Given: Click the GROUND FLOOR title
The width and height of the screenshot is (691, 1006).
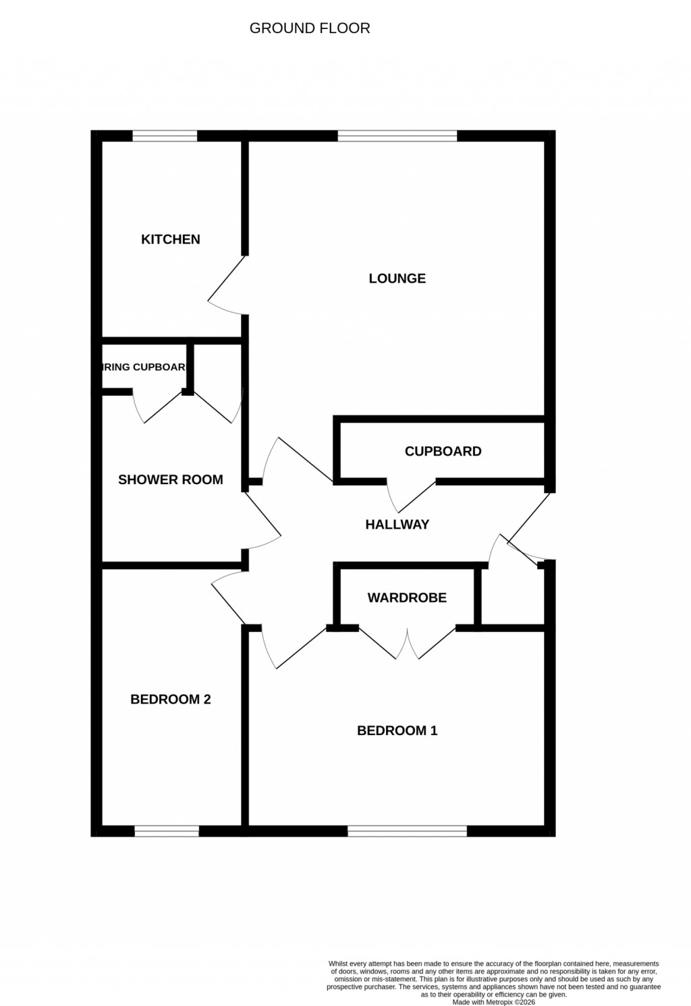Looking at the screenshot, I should tap(310, 28).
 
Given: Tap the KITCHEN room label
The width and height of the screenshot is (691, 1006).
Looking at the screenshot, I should tap(171, 239).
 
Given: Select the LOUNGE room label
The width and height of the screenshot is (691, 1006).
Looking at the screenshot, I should tap(397, 278).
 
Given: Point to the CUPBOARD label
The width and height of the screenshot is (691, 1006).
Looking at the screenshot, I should tap(443, 452).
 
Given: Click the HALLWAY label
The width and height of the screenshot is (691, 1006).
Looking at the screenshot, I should tap(397, 525).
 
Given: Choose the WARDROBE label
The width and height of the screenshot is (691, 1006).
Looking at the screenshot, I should tap(407, 597).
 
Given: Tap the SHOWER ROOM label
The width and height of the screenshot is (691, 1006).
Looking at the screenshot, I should tap(170, 480).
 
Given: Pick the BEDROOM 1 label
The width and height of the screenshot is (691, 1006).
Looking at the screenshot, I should tap(397, 730).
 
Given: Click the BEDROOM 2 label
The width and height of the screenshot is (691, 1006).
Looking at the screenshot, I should tap(170, 699).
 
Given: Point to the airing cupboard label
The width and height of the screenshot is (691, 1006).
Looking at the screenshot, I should tap(144, 367).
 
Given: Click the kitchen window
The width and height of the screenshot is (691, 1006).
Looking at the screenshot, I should tap(165, 136).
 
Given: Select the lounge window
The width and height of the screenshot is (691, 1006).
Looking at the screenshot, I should tap(397, 136).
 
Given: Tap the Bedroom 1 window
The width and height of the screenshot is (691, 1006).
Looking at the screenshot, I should tap(407, 831).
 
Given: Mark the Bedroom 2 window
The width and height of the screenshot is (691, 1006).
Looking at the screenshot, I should tap(167, 831).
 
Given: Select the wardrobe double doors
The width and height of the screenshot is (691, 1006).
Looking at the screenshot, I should tap(407, 644).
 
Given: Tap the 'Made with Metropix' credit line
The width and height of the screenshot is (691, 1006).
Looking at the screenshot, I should tap(493, 1002).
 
